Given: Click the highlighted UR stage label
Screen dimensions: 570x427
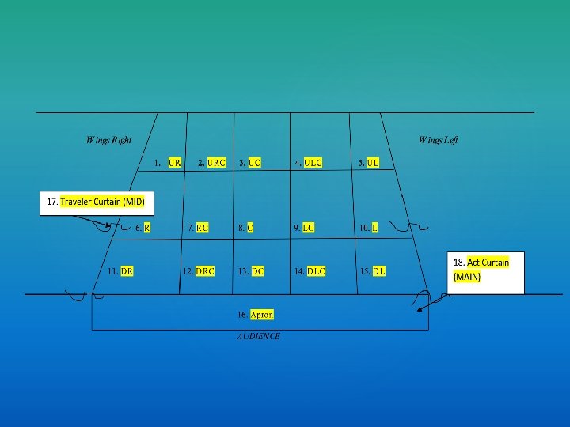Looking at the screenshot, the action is click(175, 163).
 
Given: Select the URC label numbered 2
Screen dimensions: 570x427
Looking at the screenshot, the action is click(217, 163).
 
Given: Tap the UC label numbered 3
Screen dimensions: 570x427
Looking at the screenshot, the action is click(254, 163).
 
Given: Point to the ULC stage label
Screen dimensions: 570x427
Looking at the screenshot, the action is click(313, 163).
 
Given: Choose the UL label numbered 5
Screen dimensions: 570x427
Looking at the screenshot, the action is click(373, 163).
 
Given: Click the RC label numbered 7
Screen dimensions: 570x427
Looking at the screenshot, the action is click(203, 228).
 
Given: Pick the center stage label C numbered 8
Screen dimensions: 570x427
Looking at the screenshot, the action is click(250, 228).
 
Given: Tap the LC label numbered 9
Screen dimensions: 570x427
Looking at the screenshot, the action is click(308, 228).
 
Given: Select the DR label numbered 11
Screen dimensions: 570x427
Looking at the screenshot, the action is click(127, 271).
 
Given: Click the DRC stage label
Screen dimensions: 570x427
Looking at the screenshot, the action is click(205, 271).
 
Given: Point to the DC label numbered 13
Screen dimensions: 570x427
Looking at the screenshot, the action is click(258, 271).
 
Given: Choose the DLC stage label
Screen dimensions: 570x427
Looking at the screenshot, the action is click(316, 271).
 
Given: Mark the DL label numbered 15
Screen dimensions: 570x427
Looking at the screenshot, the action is click(379, 271).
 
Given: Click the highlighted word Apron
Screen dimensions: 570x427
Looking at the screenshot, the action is click(262, 315).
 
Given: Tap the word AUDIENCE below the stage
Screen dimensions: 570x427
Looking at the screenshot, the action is click(259, 336).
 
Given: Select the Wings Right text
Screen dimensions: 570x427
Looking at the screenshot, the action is click(108, 141).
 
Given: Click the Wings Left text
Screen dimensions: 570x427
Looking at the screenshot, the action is click(438, 141).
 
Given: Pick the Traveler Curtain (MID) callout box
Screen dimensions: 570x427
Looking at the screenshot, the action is click(96, 202).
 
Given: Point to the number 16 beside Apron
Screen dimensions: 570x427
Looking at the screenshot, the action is click(241, 315).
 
